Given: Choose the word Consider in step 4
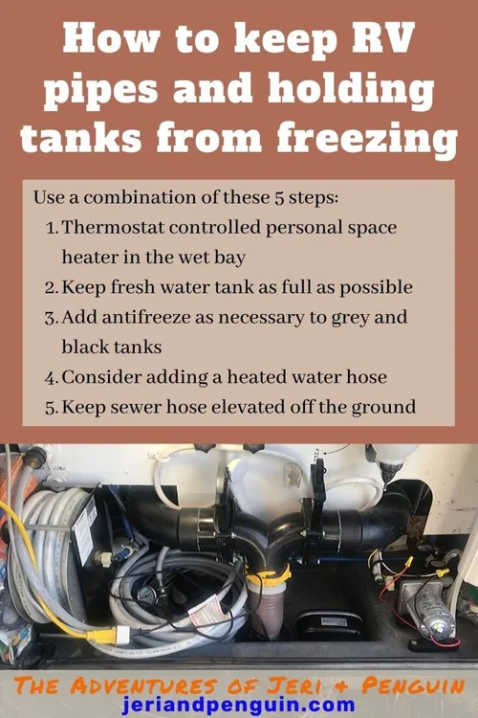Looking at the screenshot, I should pos(98,376).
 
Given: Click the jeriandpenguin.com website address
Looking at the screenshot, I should pos(239,707).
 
